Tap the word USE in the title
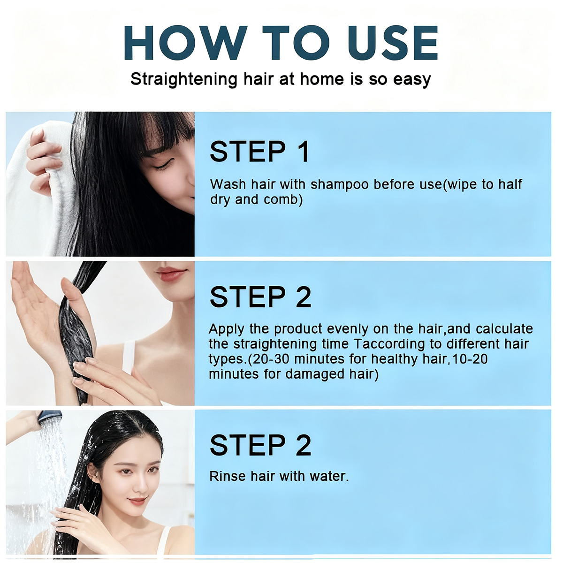coord(393,43)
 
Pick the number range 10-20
coord(470,359)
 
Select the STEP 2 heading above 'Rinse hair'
coord(260,445)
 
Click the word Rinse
coord(228,476)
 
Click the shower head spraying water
coord(50,417)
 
